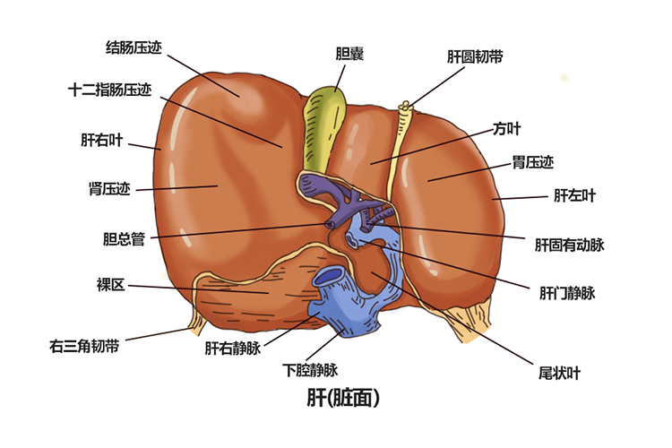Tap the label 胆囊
tap(349, 55)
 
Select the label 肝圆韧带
tap(475, 56)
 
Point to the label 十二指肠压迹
tap(109, 90)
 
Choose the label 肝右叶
tap(100, 141)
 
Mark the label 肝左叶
tap(574, 194)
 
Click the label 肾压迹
tap(109, 189)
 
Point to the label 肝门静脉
tap(567, 292)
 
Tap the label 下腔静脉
tap(310, 369)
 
